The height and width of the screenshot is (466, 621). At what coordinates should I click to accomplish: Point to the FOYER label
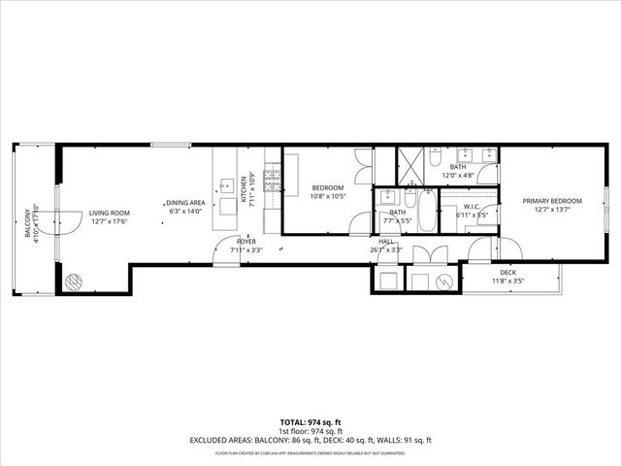click(247, 242)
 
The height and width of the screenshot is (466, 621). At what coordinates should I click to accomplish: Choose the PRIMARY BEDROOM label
click(550, 202)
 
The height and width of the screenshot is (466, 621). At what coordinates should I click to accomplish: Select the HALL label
click(386, 241)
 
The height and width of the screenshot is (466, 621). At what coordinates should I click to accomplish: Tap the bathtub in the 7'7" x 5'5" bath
click(427, 209)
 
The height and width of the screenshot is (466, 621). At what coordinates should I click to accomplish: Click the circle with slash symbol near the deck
click(443, 281)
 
